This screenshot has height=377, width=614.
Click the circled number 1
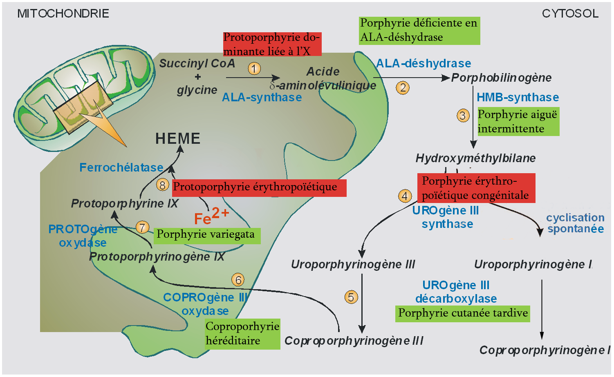pyautogui.click(x=254, y=68)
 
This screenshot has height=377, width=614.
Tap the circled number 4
pyautogui.click(x=405, y=196)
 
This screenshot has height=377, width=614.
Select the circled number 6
pyautogui.click(x=238, y=280)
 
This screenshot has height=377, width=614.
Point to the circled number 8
pyautogui.click(x=162, y=185)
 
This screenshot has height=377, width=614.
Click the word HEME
pyautogui.click(x=178, y=139)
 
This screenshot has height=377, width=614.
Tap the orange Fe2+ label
pyautogui.click(x=211, y=216)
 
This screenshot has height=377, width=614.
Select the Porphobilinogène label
pyautogui.click(x=501, y=78)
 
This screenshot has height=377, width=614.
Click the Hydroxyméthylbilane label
pyautogui.click(x=475, y=158)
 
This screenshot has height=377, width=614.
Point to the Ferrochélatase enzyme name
pyautogui.click(x=121, y=167)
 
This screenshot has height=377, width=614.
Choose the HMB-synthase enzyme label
pyautogui.click(x=518, y=97)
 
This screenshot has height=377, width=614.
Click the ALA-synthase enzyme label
pyautogui.click(x=262, y=97)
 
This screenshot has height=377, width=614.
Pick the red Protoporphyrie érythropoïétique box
pyautogui.click(x=259, y=188)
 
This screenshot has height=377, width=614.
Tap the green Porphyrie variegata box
pyautogui.click(x=206, y=235)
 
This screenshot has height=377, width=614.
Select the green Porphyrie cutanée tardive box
pyautogui.click(x=463, y=314)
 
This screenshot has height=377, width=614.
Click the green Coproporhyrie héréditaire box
pyautogui.click(x=242, y=334)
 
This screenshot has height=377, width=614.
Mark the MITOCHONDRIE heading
pyautogui.click(x=63, y=13)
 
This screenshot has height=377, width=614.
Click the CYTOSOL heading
pyautogui.click(x=570, y=13)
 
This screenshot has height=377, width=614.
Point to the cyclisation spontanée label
pyautogui.click(x=575, y=223)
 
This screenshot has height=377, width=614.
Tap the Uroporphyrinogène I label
pyautogui.click(x=533, y=265)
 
